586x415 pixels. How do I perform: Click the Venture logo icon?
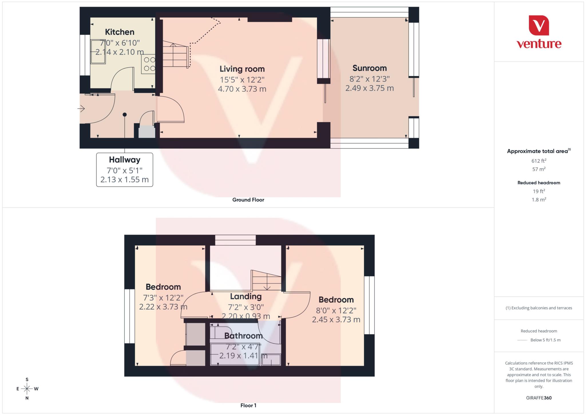[539, 25]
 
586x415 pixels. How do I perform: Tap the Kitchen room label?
[120, 32]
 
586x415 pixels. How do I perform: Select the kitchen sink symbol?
[98, 52]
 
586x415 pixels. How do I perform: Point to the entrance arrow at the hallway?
[81, 109]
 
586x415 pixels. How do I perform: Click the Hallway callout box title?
[124, 160]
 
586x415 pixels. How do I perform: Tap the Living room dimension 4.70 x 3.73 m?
[242, 89]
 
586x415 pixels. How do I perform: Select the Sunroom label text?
[369, 68]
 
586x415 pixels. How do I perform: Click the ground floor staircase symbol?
[175, 55]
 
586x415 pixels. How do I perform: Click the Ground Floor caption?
[248, 200]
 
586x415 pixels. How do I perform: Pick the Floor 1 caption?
[248, 406]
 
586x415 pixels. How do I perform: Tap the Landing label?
[246, 296]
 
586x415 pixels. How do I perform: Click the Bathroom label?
[243, 336]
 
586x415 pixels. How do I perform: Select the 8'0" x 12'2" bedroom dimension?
[336, 310]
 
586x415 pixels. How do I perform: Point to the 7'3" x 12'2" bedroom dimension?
[163, 298]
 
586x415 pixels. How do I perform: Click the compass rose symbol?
[27, 389]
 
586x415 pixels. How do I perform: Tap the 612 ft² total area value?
[539, 161]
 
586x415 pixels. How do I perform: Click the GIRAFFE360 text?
[539, 398]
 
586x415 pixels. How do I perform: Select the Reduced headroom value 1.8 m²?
[539, 200]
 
